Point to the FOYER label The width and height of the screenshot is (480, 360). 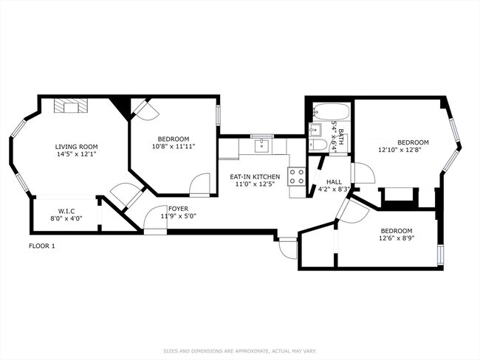coord(178,209)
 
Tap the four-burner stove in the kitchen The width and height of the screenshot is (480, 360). coord(297,177)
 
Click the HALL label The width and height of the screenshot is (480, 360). coord(334,181)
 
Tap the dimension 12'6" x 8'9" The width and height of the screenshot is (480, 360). coord(397,238)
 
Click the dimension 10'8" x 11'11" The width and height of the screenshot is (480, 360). coord(173,147)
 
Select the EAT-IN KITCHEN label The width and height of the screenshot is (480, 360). coord(254,177)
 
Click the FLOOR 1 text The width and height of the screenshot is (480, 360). coord(42,246)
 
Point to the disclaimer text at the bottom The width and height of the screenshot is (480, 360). coord(239,350)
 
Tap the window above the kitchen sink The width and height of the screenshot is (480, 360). coord(262,136)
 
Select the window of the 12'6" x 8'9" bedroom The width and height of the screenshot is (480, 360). coord(441,253)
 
